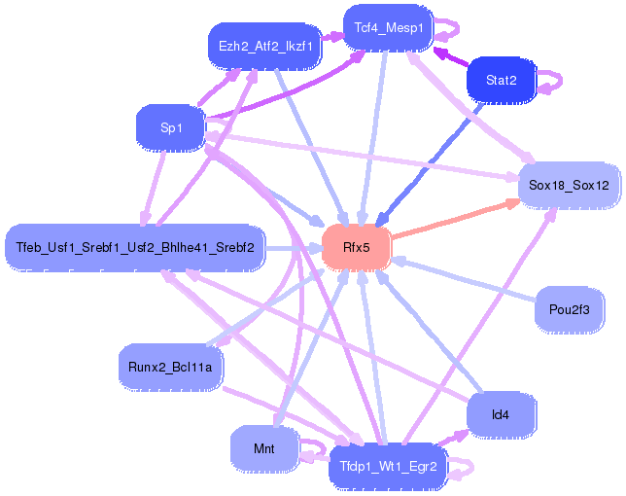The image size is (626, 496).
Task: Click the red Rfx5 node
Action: [x=356, y=248]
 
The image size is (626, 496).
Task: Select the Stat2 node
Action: [x=501, y=80]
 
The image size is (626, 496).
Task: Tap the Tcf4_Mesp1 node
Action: [x=388, y=28]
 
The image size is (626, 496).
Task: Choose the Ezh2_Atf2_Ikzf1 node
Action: [x=264, y=46]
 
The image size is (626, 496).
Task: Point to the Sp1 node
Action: [x=171, y=126]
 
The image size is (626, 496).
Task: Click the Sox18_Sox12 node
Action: [x=569, y=185]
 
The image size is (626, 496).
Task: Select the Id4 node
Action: [x=501, y=414]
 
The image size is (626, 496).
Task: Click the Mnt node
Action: [x=263, y=448]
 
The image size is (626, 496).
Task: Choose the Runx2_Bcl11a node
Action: [x=170, y=367]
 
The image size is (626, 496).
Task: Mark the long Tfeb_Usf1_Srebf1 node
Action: [x=135, y=248]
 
